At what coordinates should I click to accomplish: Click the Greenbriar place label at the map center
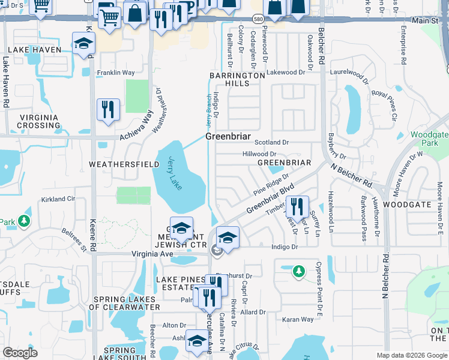pos(228,137)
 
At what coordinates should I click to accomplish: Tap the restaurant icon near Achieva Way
pos(108,110)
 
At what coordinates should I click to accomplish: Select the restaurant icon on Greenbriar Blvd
pos(297,207)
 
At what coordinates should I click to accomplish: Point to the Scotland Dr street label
pos(271,143)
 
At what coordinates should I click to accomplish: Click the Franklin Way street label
pos(116,73)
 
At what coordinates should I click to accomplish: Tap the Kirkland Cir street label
pos(58,199)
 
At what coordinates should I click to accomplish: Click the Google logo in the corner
pos(20,353)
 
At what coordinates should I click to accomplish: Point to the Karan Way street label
pos(298,320)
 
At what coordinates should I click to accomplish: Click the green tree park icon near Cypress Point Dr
pos(298,272)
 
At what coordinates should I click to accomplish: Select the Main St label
pos(426,21)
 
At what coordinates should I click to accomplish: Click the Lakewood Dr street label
pos(286,72)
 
